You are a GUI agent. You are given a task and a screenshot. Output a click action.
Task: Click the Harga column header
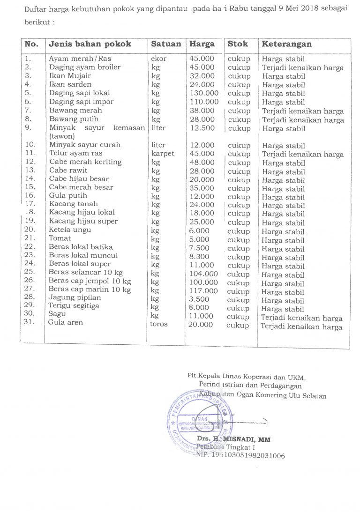pos(202,44)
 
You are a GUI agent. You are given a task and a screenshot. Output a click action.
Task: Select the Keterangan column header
pos(286,44)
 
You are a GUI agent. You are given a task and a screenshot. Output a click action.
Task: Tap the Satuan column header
pos(165,44)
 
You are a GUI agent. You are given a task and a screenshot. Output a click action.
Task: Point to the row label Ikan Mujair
pos(70,76)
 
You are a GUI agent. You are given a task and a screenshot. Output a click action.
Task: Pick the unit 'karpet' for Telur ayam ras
pos(163,153)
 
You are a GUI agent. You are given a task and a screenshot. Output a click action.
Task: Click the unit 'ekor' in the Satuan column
pos(159,59)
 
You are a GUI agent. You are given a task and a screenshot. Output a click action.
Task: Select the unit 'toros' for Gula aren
pos(158,324)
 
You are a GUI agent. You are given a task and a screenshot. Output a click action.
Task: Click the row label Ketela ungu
pos(70,230)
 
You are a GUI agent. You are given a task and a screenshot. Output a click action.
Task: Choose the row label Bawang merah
pos(75,111)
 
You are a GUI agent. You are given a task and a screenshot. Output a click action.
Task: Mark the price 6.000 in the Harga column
pos(200,230)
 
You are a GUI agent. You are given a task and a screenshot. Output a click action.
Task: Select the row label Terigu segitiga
pos(74,306)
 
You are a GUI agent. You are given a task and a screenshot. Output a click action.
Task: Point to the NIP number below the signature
pos(240,455)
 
